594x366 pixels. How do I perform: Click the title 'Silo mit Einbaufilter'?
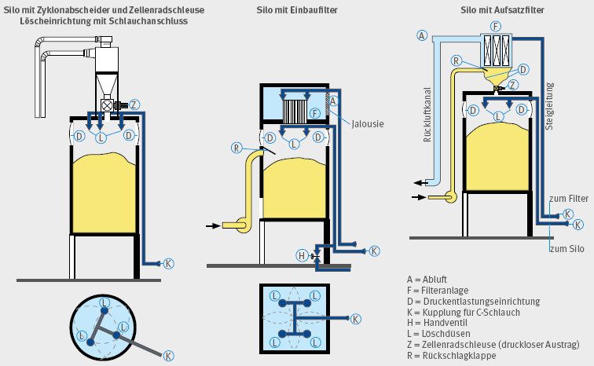point(295,9)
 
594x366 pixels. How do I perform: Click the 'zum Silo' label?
point(566,249)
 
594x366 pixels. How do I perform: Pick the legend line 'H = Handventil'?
point(438,322)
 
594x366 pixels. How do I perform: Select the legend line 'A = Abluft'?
point(427,278)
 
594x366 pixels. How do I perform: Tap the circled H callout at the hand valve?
point(301,255)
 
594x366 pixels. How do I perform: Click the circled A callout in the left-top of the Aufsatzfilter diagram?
point(422,36)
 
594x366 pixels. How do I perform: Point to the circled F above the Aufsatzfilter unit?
point(495,26)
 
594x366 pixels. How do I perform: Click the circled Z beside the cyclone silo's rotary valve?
point(134,104)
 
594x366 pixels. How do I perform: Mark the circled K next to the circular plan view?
point(168,356)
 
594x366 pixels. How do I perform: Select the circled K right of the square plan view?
point(356,319)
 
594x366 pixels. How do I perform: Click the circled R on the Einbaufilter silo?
point(236,147)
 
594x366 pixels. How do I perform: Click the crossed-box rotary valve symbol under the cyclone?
point(107,104)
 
